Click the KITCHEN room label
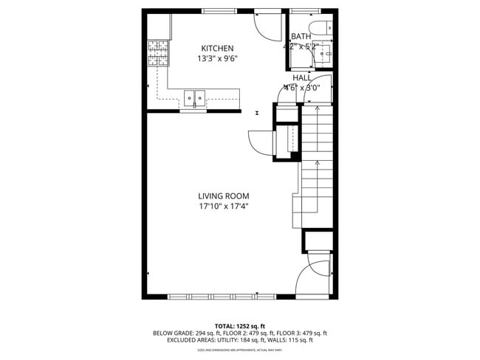click(x=216, y=48)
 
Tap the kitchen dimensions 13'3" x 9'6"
click(x=216, y=59)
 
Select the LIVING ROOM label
click(x=223, y=195)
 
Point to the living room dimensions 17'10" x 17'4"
click(x=223, y=207)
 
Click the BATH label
click(x=301, y=36)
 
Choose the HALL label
click(x=301, y=77)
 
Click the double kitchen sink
click(x=195, y=97)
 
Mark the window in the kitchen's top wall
click(x=215, y=10)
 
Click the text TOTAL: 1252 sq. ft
click(x=239, y=325)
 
